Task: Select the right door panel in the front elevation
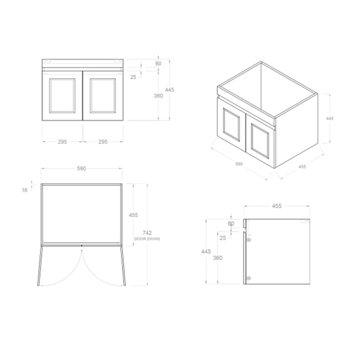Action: (103, 95)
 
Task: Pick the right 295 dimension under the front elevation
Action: (103, 142)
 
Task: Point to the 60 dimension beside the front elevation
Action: (158, 64)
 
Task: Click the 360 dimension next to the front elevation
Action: (158, 96)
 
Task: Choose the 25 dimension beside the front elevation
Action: (133, 77)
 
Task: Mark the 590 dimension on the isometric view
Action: (238, 163)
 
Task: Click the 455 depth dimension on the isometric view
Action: (302, 166)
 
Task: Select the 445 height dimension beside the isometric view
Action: (330, 118)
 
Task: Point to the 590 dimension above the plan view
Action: (81, 169)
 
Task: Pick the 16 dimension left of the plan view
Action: (25, 189)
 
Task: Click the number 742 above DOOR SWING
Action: (147, 233)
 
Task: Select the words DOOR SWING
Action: (147, 239)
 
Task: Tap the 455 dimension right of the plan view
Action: (133, 215)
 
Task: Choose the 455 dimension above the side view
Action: (277, 206)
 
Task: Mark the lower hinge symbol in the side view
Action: (249, 278)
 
